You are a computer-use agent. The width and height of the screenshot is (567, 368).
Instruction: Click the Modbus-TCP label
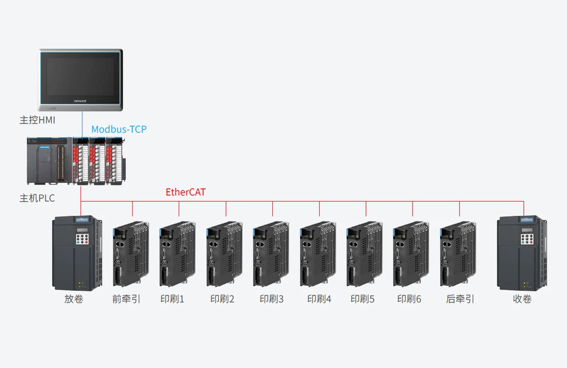[x=119, y=129]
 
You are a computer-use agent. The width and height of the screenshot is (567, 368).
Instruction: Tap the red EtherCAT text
[x=186, y=192]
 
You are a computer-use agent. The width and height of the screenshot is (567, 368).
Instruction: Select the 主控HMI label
[x=37, y=120]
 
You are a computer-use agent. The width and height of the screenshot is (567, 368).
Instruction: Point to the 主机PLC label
[x=37, y=198]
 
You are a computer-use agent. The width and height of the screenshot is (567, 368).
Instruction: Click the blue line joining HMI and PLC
[x=82, y=124]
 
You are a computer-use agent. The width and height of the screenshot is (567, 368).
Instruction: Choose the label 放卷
[x=74, y=299]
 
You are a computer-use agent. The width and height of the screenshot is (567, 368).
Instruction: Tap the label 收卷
[x=522, y=299]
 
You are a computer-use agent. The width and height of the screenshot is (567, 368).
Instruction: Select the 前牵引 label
[x=126, y=299]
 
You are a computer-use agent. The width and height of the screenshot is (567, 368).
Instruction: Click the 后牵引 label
[x=460, y=299]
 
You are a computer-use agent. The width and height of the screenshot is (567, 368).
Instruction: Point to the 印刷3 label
[x=271, y=299]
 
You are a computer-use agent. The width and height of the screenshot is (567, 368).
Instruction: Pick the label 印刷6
[x=409, y=299]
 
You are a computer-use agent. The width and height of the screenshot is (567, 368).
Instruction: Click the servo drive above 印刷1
[x=177, y=254]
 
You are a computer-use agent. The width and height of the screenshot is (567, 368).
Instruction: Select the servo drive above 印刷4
[x=318, y=254]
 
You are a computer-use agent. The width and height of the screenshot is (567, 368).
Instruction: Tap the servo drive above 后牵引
[x=458, y=254]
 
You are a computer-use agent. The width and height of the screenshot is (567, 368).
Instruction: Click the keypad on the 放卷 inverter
[x=82, y=239]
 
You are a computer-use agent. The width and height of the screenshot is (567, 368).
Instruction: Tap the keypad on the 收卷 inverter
[x=527, y=239]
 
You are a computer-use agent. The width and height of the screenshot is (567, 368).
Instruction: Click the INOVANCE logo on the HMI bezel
[x=80, y=101]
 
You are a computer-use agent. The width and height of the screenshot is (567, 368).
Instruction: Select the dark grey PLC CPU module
[x=50, y=161]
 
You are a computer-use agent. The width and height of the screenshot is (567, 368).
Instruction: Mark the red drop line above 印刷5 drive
[x=366, y=209]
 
